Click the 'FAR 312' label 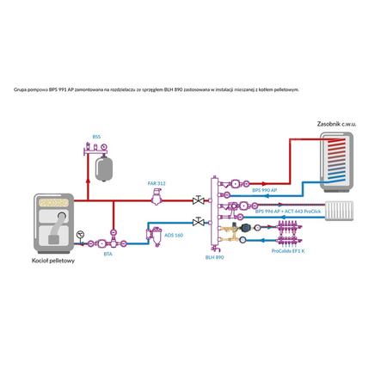tap(156, 183)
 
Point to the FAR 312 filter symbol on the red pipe tap(156, 198)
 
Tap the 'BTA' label tap(107, 254)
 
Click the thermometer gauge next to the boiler tap(80, 234)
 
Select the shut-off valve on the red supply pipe tap(200, 200)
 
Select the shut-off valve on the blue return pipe tap(200, 223)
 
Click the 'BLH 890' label tap(215, 256)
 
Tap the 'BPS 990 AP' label tap(264, 190)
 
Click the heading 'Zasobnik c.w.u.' tap(336, 123)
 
